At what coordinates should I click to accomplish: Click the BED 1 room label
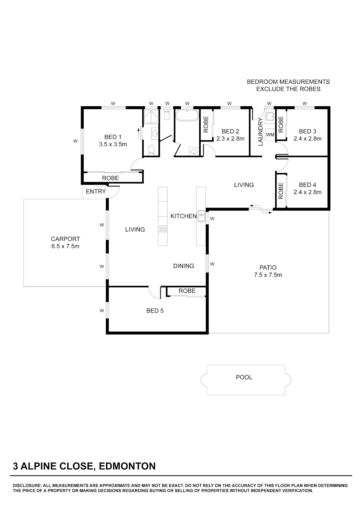point(113,137)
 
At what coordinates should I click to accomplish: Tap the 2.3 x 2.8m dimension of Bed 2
point(230,139)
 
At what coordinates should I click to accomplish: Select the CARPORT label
point(65,239)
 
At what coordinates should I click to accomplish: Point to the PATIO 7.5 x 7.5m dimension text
point(268,275)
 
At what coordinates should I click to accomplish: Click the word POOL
point(244,377)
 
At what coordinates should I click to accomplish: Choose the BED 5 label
point(155,311)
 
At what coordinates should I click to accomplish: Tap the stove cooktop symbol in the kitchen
point(163,229)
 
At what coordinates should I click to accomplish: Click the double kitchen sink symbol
point(201,216)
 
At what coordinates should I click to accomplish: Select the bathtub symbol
point(187,115)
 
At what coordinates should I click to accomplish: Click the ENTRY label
point(96,192)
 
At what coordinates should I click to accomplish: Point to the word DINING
point(184,266)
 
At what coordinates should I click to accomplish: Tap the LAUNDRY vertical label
point(260,132)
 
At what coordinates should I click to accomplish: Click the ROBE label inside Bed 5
point(187,291)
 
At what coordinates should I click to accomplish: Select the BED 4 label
point(307,185)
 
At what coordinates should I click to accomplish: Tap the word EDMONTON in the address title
point(127,466)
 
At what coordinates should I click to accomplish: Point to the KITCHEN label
point(184,216)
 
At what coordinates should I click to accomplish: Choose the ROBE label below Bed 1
point(110,178)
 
